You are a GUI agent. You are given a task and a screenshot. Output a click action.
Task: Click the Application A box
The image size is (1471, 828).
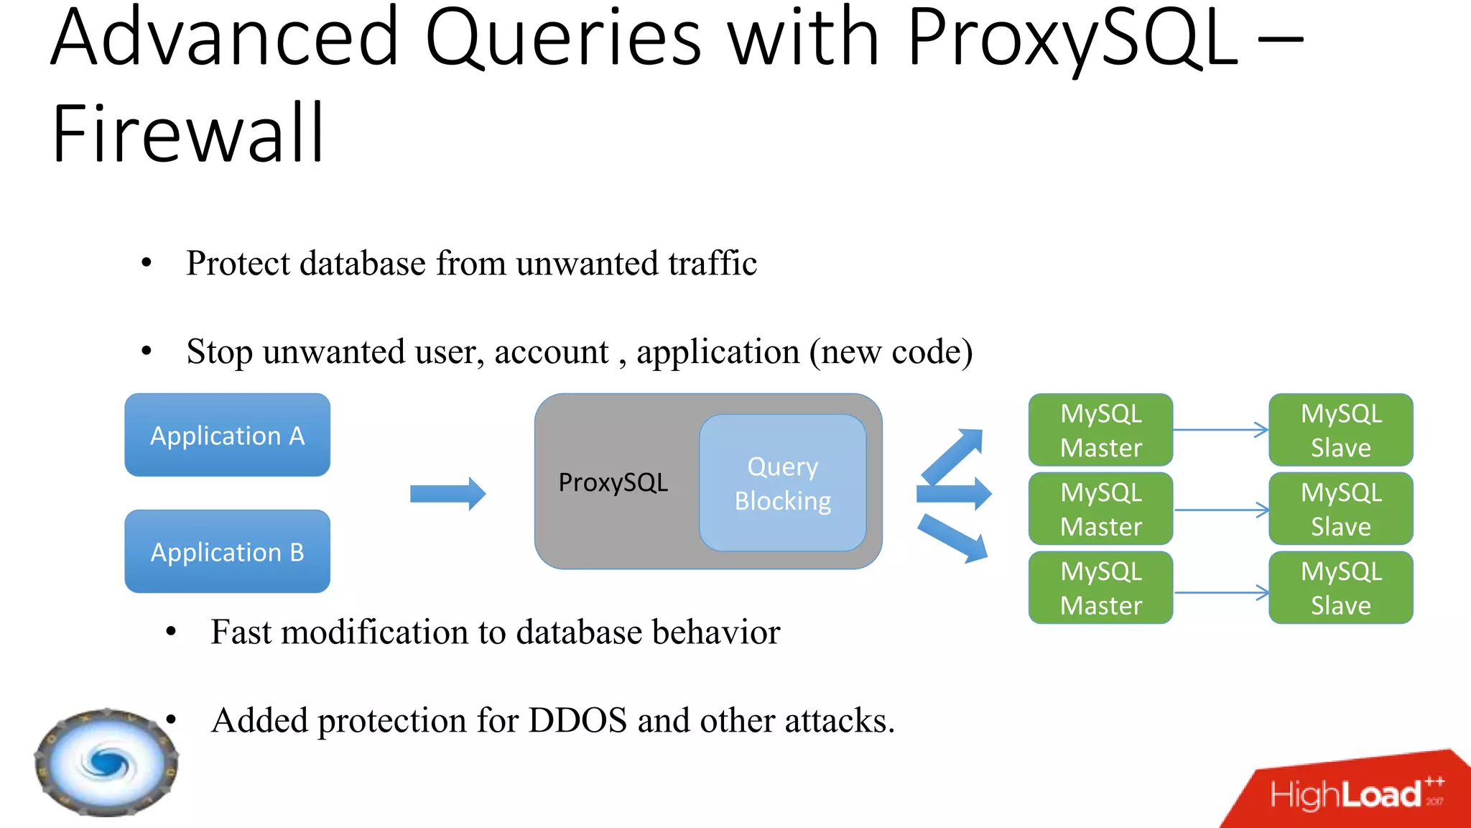pyautogui.click(x=227, y=435)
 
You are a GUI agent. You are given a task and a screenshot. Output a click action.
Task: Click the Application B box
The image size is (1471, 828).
pyautogui.click(x=227, y=551)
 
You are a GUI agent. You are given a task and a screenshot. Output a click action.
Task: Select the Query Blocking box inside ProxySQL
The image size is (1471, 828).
pyautogui.click(x=782, y=483)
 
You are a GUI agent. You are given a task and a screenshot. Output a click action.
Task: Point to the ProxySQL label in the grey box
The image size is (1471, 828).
pyautogui.click(x=613, y=482)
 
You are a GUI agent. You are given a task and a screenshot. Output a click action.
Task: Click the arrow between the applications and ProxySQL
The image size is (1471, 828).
pyautogui.click(x=447, y=494)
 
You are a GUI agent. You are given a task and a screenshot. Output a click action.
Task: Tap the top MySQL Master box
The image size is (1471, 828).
pyautogui.click(x=1100, y=430)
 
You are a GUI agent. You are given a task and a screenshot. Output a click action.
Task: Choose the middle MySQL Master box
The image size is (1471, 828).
pyautogui.click(x=1100, y=509)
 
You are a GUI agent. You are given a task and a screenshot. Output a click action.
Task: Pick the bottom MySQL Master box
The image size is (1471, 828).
pyautogui.click(x=1100, y=588)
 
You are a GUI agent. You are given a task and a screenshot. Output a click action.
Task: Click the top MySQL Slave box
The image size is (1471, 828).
pyautogui.click(x=1340, y=430)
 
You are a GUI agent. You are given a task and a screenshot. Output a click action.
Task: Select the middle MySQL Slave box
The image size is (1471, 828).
pyautogui.click(x=1340, y=509)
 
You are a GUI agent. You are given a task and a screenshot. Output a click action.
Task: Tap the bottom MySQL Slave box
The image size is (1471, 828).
pyautogui.click(x=1340, y=588)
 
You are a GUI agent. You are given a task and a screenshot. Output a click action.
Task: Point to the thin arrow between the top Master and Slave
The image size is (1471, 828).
pyautogui.click(x=1220, y=430)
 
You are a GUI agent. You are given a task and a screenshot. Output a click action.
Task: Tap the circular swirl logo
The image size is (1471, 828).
pyautogui.click(x=106, y=763)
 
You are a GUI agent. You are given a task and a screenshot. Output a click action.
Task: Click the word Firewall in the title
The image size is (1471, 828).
pyautogui.click(x=188, y=134)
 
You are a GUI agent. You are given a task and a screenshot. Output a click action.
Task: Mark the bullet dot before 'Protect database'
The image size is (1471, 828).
pyautogui.click(x=147, y=263)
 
